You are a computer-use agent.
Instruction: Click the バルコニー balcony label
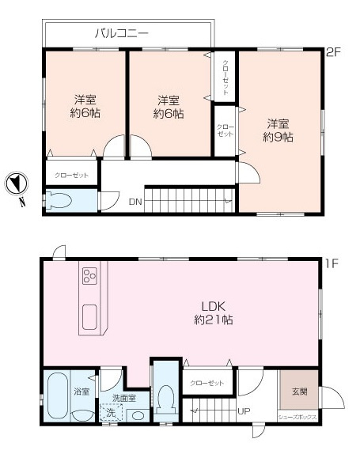point(122,33)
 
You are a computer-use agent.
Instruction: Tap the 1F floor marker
point(333,262)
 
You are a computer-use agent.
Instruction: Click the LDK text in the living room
point(209,307)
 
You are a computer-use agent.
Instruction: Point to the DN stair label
point(135,202)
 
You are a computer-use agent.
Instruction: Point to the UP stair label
point(245,411)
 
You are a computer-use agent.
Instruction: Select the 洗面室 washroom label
point(124,399)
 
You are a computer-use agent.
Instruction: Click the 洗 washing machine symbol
point(111,414)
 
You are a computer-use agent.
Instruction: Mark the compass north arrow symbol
point(17,185)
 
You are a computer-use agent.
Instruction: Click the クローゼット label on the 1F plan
point(207,384)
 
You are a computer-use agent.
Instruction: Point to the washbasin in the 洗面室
point(137,415)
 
